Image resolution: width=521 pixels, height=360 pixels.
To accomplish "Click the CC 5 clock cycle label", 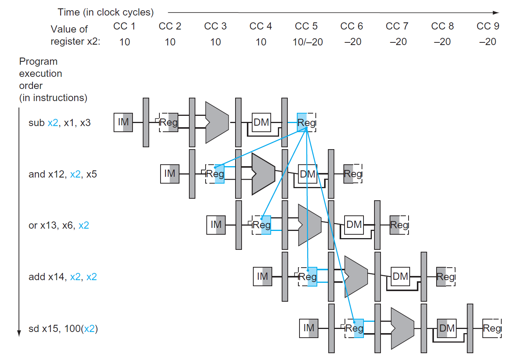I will point(306,26).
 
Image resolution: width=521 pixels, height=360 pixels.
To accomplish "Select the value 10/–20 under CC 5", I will point(307,42).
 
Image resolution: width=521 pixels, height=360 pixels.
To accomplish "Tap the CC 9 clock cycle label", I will point(488,26).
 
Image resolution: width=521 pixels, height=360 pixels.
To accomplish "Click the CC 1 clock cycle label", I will point(124,26).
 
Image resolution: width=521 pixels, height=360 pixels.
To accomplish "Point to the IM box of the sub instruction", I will point(123,122).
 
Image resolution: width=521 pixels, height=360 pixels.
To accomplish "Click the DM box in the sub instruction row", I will point(261,122).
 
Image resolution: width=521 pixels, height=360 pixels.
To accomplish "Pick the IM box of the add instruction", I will point(262,276).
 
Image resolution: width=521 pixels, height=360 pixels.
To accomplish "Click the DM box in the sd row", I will point(447,328).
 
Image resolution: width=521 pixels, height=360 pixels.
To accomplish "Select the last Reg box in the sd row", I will point(492,328).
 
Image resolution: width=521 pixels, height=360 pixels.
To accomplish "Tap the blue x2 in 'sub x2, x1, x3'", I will point(53,123).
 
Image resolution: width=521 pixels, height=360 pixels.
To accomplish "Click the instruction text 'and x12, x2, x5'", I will point(62,174).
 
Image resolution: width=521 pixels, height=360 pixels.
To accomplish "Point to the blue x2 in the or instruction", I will point(84,225).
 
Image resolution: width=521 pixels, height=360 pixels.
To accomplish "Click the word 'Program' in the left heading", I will point(38,61).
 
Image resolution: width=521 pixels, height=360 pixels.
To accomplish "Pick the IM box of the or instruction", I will point(216,225).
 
